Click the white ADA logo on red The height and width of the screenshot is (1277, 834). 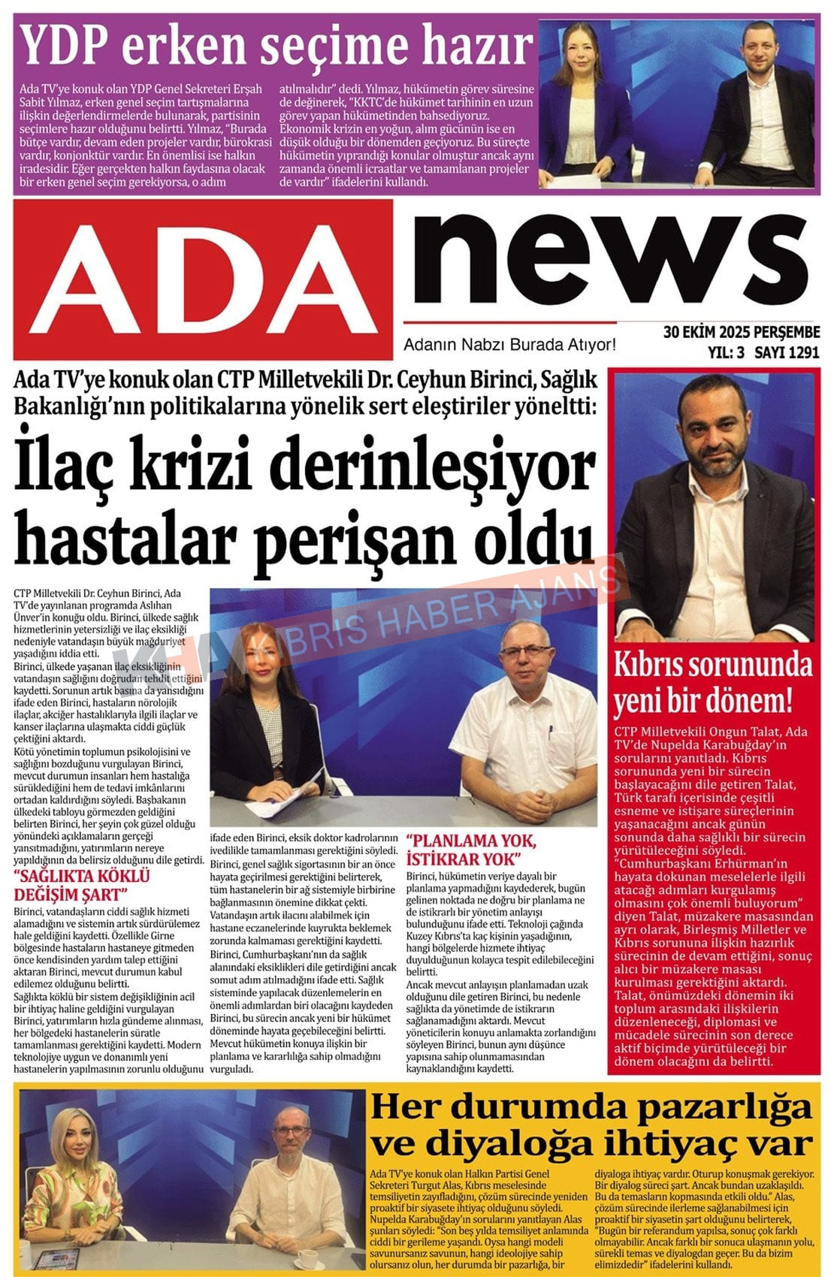coord(203,278)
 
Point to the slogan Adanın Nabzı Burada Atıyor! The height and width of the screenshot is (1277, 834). coord(509,346)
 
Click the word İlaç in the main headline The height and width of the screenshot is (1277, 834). coord(71,469)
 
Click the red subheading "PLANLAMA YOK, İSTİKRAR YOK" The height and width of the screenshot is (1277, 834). coord(471,849)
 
